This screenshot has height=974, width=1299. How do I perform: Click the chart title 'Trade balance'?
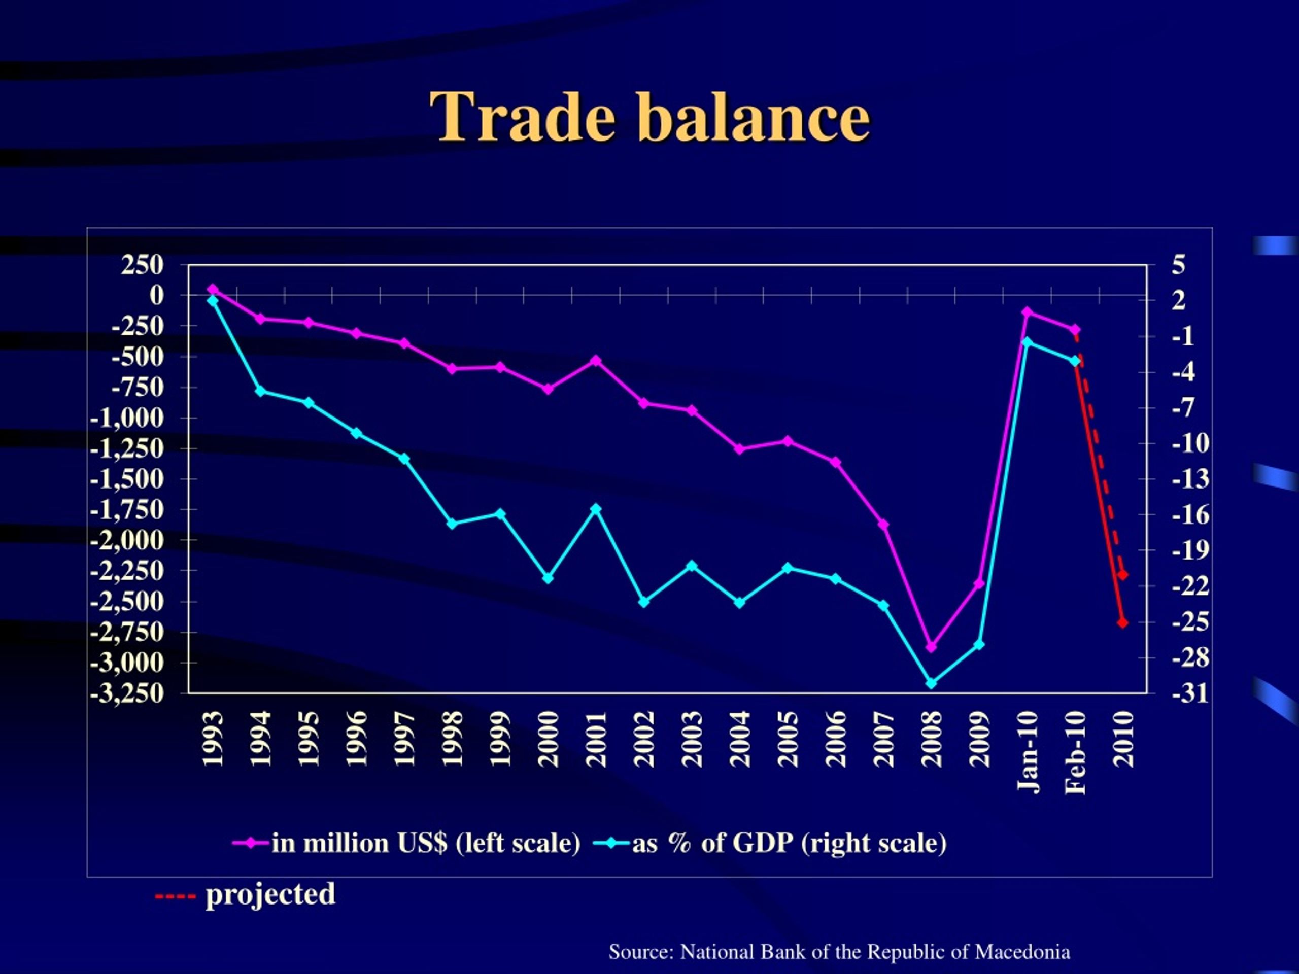tap(649, 117)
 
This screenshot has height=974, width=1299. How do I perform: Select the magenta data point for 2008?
tap(931, 646)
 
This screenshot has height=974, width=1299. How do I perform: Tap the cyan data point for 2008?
tap(931, 683)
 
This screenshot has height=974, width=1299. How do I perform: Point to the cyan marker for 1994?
tap(261, 391)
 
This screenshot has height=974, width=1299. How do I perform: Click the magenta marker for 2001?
tap(596, 360)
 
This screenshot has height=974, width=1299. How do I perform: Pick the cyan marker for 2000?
tap(548, 578)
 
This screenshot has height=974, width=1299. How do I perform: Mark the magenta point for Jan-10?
tap(1027, 312)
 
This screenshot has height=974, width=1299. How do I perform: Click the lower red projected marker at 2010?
tap(1123, 622)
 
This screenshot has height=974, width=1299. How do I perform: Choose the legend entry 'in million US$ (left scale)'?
tap(406, 843)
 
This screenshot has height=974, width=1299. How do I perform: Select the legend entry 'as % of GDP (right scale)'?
tap(770, 843)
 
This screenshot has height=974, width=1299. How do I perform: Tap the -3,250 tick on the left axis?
tap(127, 693)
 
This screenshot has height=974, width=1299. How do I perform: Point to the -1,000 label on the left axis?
tap(127, 418)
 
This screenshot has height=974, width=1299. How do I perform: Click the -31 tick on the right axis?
tap(1190, 693)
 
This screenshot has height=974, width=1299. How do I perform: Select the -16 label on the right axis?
tap(1190, 515)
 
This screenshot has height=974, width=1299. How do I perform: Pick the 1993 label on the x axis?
tap(213, 739)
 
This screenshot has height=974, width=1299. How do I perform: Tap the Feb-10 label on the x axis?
tap(1075, 752)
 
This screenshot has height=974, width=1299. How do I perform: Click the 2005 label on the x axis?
tap(788, 739)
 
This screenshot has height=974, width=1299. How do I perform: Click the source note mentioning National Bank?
tap(839, 952)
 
